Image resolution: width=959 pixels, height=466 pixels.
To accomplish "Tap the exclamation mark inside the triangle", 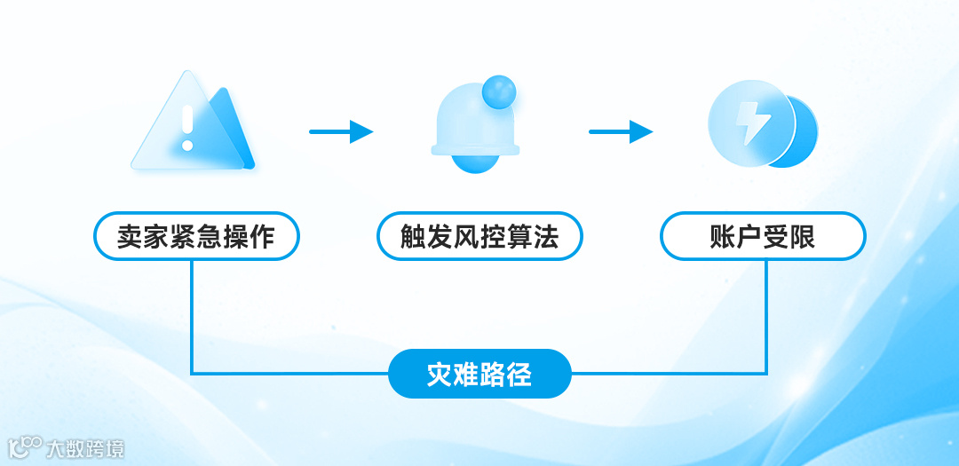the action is [186, 128].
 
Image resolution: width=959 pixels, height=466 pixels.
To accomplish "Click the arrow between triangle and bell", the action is [341, 132].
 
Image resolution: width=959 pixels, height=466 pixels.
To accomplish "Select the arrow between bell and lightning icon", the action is [621, 132].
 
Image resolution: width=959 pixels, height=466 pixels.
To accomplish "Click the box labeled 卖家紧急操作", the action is [196, 236].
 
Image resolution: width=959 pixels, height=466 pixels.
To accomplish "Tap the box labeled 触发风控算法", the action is [479, 236].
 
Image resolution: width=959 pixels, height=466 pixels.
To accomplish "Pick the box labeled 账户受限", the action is [762, 236].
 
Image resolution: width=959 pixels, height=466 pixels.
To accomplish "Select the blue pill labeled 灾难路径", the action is [479, 374].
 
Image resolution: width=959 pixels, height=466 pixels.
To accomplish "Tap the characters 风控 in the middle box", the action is [479, 237].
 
